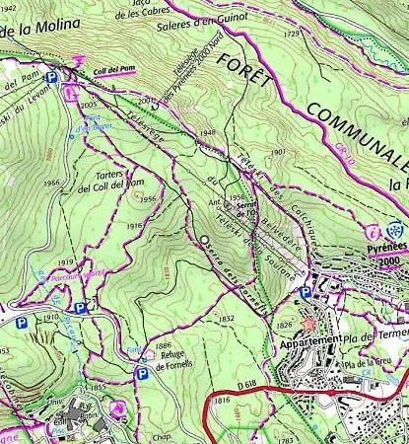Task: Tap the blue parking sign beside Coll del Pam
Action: [50, 76]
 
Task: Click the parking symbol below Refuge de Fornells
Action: [141, 374]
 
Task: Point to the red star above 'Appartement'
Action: [312, 323]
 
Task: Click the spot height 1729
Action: [290, 34]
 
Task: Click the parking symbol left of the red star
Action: [305, 292]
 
